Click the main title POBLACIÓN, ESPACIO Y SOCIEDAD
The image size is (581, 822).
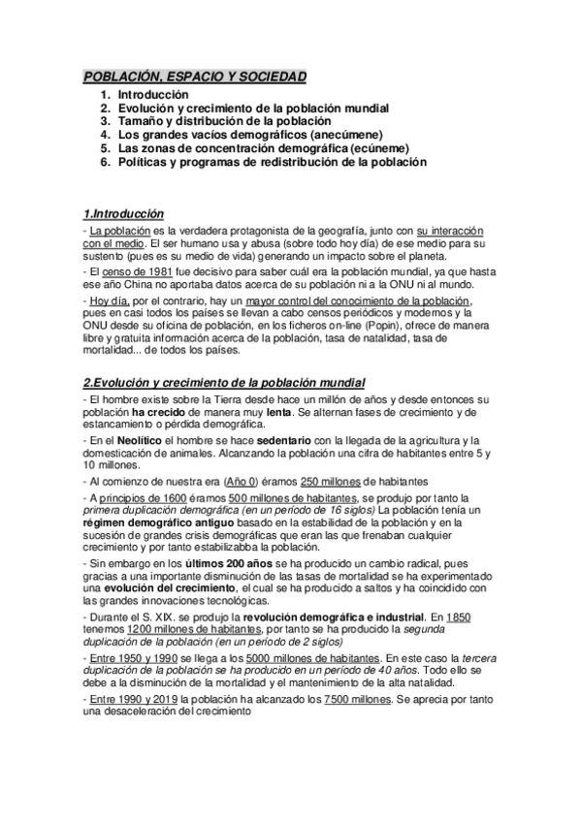pyautogui.click(x=194, y=76)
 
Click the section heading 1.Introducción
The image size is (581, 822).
pyautogui.click(x=123, y=213)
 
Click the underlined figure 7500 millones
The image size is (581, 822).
pyautogui.click(x=359, y=697)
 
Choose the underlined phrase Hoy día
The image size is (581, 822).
pyautogui.click(x=108, y=301)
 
